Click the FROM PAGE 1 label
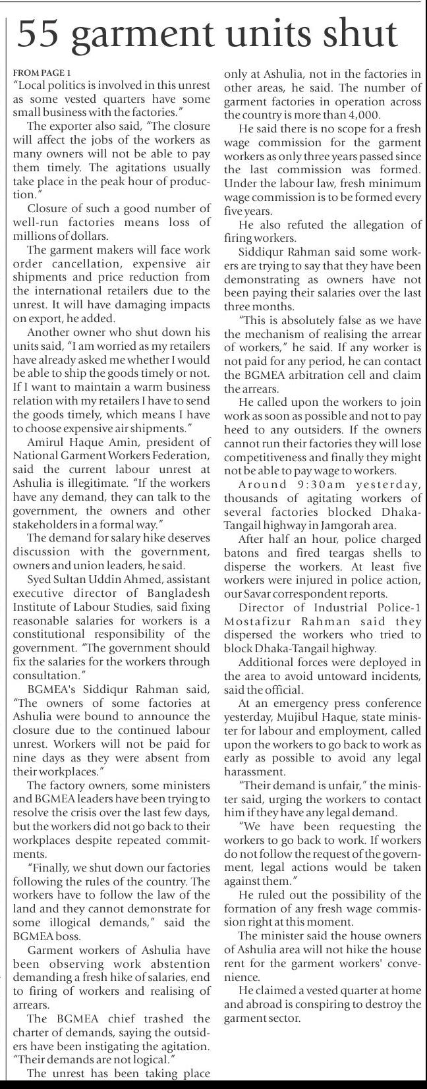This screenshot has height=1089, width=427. [x=41, y=72]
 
